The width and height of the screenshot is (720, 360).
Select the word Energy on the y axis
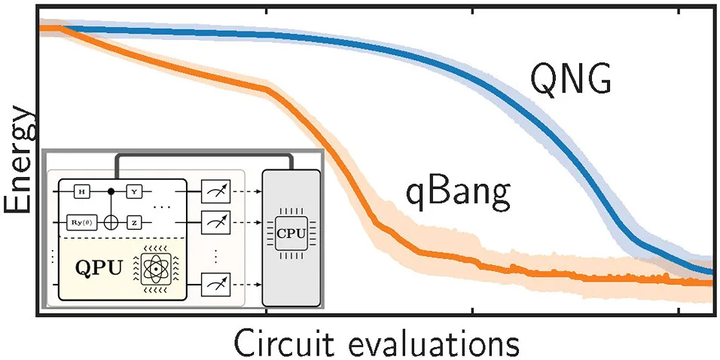coord(18,161)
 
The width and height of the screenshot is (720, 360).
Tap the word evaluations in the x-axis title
coord(435,343)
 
